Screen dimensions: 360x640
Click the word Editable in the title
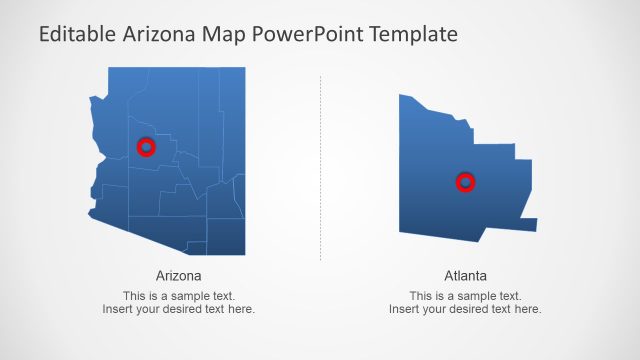(77, 34)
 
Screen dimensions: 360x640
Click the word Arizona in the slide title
(163, 34)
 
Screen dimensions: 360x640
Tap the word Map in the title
(226, 34)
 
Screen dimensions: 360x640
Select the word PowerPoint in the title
(308, 34)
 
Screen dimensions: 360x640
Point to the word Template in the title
(413, 34)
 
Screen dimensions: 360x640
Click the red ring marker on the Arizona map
(146, 147)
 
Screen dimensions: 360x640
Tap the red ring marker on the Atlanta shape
(465, 182)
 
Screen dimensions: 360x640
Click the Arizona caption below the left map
(179, 275)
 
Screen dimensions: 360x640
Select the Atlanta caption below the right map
(465, 275)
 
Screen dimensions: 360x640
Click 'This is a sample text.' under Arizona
(179, 296)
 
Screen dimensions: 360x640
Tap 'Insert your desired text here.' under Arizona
(179, 309)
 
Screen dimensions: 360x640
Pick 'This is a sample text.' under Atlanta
(465, 296)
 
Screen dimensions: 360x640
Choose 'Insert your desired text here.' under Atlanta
(465, 309)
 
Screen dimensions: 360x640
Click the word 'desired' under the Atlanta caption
(469, 309)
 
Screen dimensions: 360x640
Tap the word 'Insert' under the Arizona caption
(116, 309)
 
